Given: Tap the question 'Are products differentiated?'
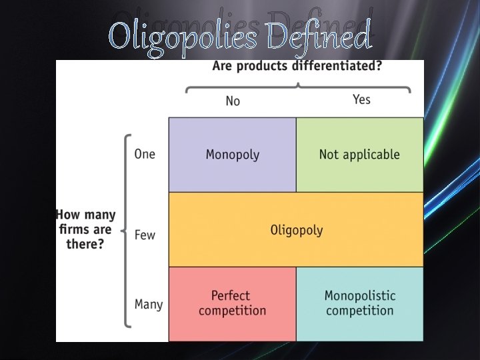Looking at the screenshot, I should (x=297, y=67).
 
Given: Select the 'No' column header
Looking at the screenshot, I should (x=233, y=101).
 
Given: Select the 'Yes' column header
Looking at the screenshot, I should (x=361, y=99).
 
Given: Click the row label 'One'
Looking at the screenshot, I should (x=145, y=154).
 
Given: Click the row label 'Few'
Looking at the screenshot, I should (x=145, y=235).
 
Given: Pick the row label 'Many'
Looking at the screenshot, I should (x=148, y=304).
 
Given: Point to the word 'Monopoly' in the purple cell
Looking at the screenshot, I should (x=232, y=155).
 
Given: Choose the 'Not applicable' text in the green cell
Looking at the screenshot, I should (x=359, y=155).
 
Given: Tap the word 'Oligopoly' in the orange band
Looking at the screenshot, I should (x=296, y=230).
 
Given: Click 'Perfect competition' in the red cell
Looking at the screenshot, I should (x=231, y=303).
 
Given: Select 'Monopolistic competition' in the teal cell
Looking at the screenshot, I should (x=360, y=303).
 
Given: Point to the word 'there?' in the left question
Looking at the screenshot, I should (x=85, y=244).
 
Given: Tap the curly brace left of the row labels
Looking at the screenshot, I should (x=126, y=231).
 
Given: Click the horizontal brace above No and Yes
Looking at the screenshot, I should (x=297, y=86).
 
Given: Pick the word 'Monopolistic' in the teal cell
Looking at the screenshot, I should (x=360, y=295).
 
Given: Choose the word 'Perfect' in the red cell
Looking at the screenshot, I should (x=231, y=295).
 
